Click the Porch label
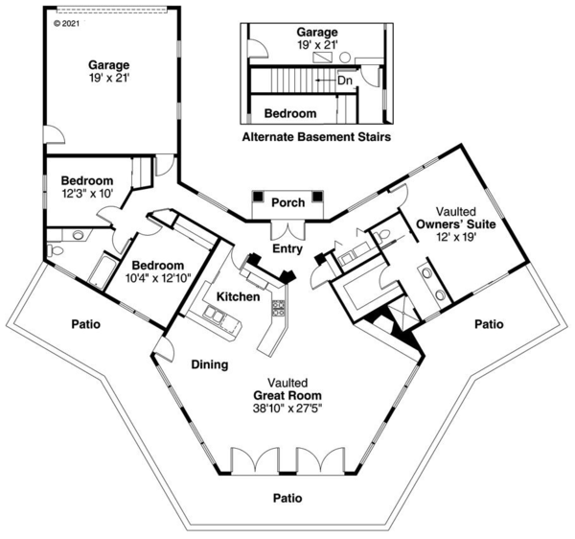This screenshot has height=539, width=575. (x=287, y=202)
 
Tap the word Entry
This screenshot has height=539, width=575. (x=287, y=248)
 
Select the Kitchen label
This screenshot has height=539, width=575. (x=238, y=296)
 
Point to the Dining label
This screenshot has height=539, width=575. (x=210, y=364)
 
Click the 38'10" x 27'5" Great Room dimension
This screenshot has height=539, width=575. (x=287, y=408)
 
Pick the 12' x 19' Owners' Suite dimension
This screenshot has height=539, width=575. (x=456, y=237)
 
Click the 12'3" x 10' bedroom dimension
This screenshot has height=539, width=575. (x=87, y=194)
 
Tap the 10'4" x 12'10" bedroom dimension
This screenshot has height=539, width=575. (x=158, y=278)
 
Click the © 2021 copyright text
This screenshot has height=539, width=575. (x=66, y=23)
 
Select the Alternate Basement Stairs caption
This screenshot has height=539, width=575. (x=316, y=137)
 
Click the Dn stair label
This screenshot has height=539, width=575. (x=344, y=81)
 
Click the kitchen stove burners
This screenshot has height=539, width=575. (x=278, y=308)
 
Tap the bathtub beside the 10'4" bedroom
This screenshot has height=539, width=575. (x=102, y=272)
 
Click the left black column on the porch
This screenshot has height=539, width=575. (x=259, y=196)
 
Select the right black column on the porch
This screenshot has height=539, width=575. (x=317, y=196)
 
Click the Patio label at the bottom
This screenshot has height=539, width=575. (x=287, y=498)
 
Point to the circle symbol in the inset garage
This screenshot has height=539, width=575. (x=345, y=58)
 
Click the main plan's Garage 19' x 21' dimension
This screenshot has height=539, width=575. (x=109, y=78)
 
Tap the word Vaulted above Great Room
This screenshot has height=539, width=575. (x=287, y=383)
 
